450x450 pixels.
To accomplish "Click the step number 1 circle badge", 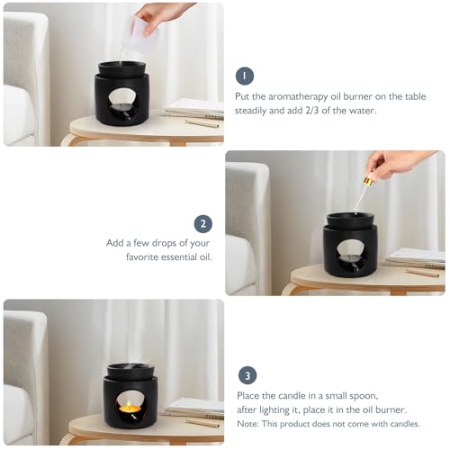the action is [245, 76].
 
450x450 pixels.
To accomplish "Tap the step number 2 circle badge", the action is [203, 224].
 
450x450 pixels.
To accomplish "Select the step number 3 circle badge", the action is [247, 375].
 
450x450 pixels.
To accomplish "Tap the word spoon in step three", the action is [365, 396].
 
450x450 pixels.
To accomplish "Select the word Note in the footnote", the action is [247, 424].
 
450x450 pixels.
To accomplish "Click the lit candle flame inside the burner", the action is [129, 405].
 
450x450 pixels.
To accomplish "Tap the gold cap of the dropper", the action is [367, 181].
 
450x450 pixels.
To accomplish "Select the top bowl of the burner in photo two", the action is [350, 220].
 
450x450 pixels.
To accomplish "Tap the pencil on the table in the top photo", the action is [202, 123].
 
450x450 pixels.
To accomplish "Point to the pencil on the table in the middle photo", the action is [423, 273].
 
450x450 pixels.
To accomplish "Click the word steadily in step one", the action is [251, 111].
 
